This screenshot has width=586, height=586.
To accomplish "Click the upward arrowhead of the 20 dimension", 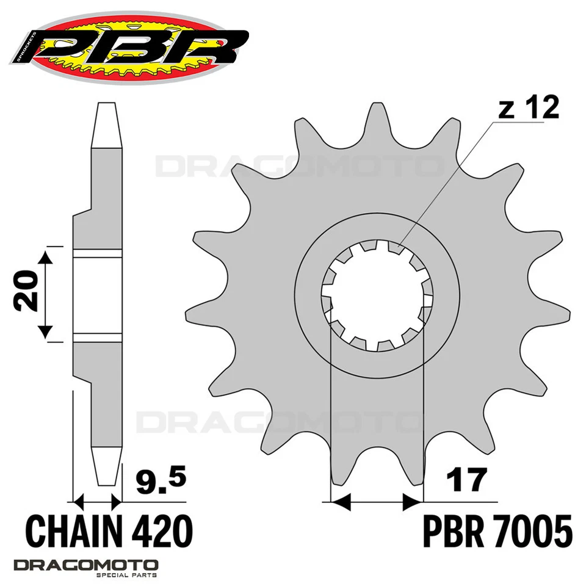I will pyautogui.click(x=47, y=257).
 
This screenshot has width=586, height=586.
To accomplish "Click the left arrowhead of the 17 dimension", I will pyautogui.click(x=339, y=502).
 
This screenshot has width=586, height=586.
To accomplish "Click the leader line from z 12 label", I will pyautogui.click(x=446, y=183).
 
